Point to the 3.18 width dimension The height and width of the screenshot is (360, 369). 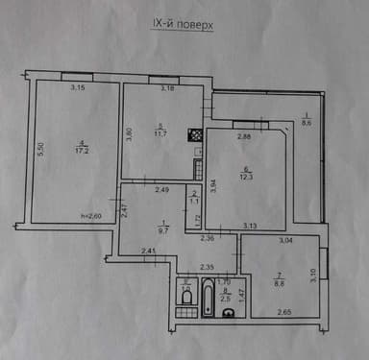[168, 90]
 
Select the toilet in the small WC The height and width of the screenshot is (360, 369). [184, 299]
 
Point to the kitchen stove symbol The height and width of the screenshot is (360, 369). [194, 136]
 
